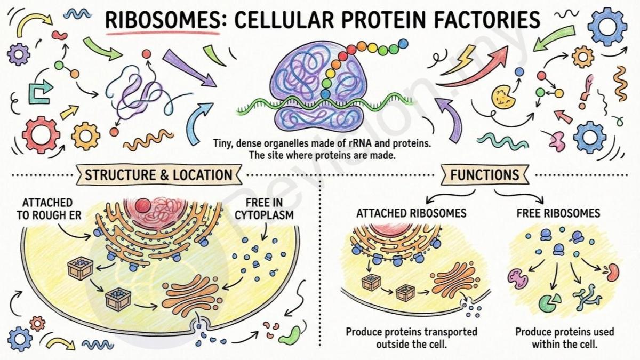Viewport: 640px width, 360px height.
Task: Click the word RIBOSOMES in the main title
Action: point(162,20)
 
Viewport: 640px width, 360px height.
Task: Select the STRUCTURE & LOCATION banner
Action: point(159,174)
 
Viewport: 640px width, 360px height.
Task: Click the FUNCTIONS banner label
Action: point(485,174)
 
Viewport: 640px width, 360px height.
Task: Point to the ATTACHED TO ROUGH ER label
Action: point(49,209)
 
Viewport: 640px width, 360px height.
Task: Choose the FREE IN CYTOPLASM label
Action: point(265,209)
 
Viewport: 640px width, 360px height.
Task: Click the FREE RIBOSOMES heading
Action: point(558,213)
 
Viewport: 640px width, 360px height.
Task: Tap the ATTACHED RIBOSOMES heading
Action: point(411,213)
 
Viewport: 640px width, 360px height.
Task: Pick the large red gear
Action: point(41,135)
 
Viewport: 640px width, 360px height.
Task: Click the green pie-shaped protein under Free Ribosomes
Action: point(550,303)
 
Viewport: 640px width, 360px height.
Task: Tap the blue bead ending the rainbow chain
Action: point(403,44)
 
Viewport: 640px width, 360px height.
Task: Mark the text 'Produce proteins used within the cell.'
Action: point(565,338)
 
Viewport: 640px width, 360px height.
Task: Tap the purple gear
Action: point(19,54)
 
